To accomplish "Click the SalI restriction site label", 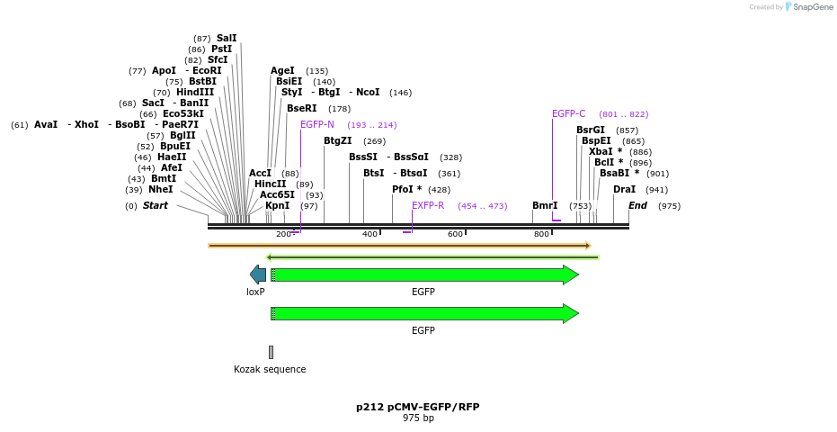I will [x=227, y=38].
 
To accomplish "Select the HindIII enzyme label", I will [x=195, y=92].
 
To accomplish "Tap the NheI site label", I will [x=160, y=189].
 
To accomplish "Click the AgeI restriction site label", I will [x=282, y=70].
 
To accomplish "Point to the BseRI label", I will [x=301, y=108].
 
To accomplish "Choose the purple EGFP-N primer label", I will [x=317, y=124].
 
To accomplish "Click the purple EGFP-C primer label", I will [x=568, y=113].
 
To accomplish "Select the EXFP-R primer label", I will [x=428, y=205].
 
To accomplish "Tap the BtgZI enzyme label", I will [x=337, y=140].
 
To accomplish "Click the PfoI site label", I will [x=406, y=189].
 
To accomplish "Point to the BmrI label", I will [x=545, y=205].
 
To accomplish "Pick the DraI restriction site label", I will [x=624, y=189].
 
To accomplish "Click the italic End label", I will [x=637, y=205].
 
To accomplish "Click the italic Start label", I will [x=156, y=205].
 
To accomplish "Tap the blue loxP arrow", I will [x=257, y=274].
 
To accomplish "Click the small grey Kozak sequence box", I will [x=271, y=352].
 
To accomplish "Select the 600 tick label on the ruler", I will [x=455, y=234].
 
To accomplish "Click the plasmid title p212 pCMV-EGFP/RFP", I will [x=417, y=407].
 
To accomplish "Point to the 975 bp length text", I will [x=417, y=418].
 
